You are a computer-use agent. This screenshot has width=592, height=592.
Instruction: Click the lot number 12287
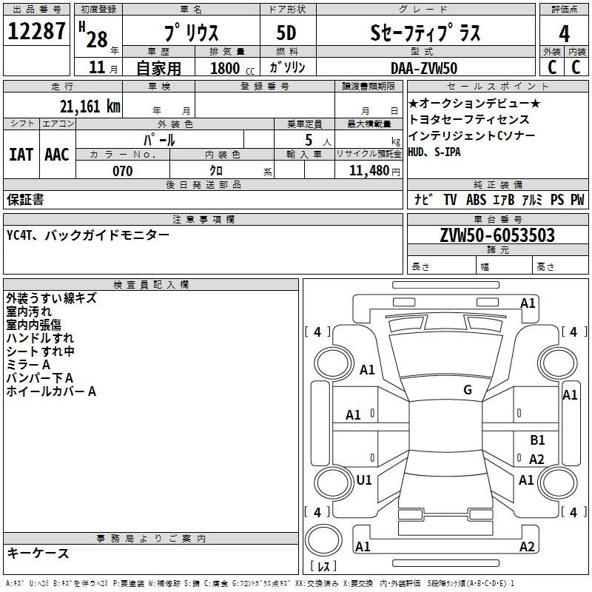point(36,31)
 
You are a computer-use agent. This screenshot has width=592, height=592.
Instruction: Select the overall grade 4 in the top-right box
point(564,34)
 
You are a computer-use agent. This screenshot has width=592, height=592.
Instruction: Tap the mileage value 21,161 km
point(90,107)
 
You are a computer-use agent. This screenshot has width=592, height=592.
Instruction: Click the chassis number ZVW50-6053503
point(497,235)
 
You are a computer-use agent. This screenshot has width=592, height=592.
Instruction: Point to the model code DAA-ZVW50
point(424,68)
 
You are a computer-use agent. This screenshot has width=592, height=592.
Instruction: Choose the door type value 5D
point(286,33)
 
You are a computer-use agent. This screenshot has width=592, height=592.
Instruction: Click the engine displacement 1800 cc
point(232,69)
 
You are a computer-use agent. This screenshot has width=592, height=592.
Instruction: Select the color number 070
point(123,171)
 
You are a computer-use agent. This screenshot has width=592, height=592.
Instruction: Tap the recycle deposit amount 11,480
point(369,171)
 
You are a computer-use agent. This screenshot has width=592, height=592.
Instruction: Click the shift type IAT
point(21,155)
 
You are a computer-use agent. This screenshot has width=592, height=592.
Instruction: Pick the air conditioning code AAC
point(57,155)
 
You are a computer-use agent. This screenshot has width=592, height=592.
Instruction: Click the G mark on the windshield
point(468,390)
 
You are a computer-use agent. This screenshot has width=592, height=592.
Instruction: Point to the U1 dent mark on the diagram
point(364,480)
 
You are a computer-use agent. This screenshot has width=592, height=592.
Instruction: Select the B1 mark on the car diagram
point(537,440)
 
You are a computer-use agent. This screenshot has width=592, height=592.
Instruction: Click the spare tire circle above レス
point(323,540)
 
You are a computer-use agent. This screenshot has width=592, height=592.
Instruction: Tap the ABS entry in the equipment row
point(476,200)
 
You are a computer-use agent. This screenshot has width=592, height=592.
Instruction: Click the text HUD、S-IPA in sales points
point(434,152)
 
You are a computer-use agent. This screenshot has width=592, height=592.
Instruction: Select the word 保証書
point(25,200)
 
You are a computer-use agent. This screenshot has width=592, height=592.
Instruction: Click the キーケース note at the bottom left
point(38,554)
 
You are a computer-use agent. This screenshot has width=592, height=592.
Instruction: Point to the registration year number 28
point(97,40)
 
